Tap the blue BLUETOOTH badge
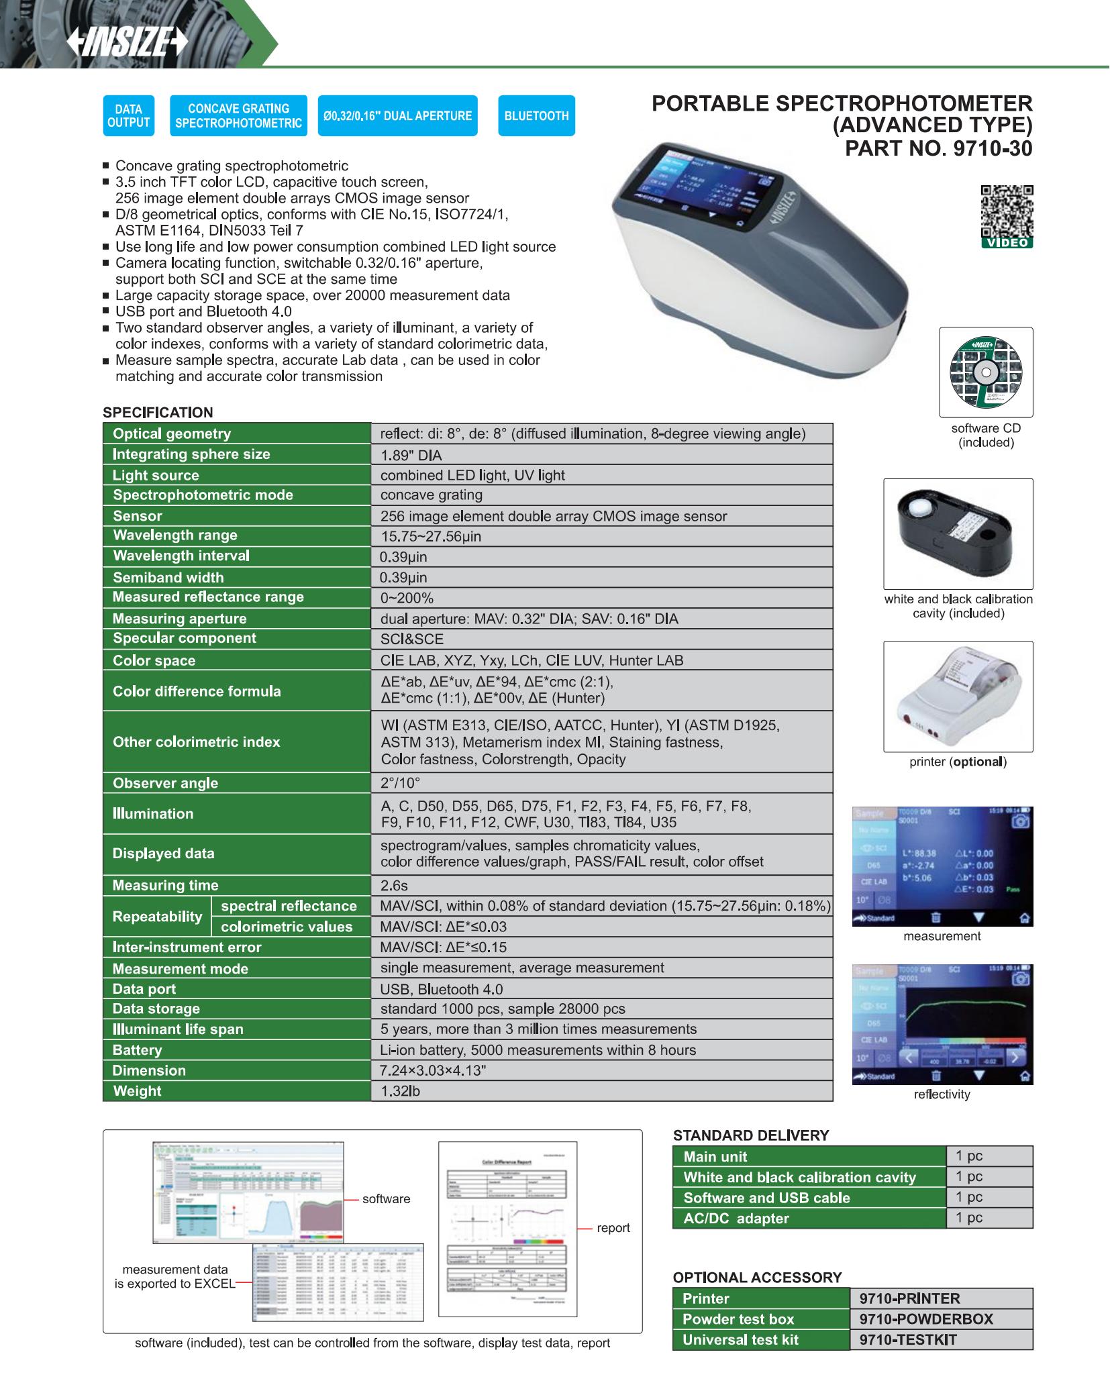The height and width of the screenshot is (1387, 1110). (536, 116)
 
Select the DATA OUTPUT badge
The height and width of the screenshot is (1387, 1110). (128, 116)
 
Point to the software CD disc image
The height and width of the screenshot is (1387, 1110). (985, 372)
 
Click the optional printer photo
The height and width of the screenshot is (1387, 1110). (957, 697)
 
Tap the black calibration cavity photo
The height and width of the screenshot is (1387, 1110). (957, 533)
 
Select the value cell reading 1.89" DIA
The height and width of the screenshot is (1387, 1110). (601, 456)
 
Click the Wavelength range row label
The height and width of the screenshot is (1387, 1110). (175, 535)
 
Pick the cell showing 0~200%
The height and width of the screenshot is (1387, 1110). (601, 598)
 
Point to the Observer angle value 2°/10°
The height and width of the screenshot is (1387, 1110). (601, 783)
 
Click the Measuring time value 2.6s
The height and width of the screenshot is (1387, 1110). (601, 885)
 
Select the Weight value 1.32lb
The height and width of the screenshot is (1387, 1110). (601, 1091)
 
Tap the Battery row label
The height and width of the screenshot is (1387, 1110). (138, 1050)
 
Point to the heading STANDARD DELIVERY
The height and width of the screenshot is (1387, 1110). (751, 1135)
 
